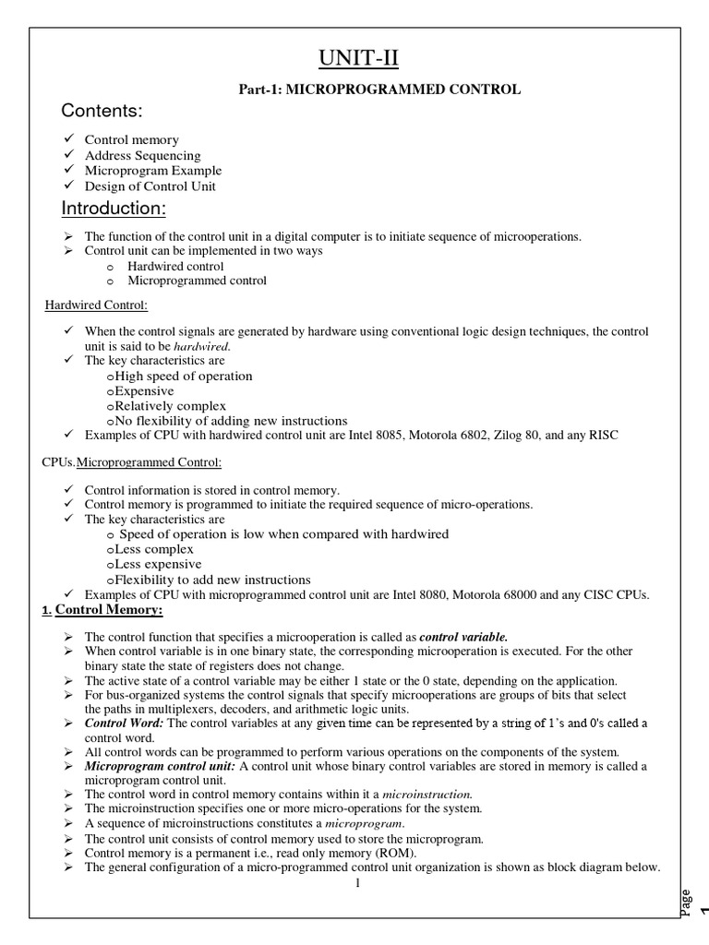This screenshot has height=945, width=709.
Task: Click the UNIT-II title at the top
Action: click(x=355, y=61)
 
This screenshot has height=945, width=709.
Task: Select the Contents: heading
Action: click(x=102, y=112)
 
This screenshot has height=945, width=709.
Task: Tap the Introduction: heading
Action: click(x=113, y=209)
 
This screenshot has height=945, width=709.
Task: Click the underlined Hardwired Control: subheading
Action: click(x=97, y=305)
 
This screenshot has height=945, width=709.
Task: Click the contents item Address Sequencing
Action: click(x=142, y=156)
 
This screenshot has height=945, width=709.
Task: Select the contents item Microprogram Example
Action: click(x=153, y=171)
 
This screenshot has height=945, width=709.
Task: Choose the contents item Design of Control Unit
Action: click(x=150, y=185)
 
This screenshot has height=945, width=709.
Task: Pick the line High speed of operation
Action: click(x=184, y=376)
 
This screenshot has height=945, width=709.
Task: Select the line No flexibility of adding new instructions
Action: click(x=231, y=420)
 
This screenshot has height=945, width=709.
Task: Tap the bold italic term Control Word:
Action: click(x=124, y=723)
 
